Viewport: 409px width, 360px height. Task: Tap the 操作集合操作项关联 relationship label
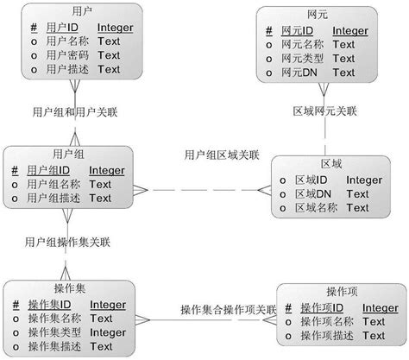point(227,308)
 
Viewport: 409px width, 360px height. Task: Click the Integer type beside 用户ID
point(115,28)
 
